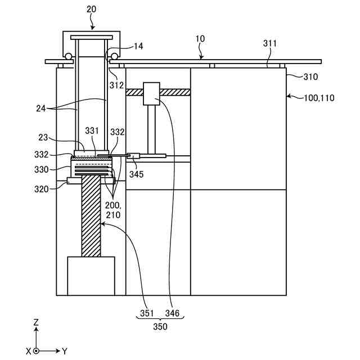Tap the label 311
pyautogui.click(x=270, y=43)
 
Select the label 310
pyautogui.click(x=310, y=76)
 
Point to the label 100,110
pyautogui.click(x=319, y=98)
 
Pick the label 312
pyautogui.click(x=117, y=85)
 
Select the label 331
pyautogui.click(x=92, y=131)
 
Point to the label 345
pyautogui.click(x=136, y=174)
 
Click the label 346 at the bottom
pyautogui.click(x=173, y=313)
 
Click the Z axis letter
pyautogui.click(x=35, y=323)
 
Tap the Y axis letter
pyautogui.click(x=65, y=351)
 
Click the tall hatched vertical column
pyautogui.click(x=91, y=217)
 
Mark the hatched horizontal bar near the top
pyautogui.click(x=169, y=92)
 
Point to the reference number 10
pyautogui.click(x=200, y=39)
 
